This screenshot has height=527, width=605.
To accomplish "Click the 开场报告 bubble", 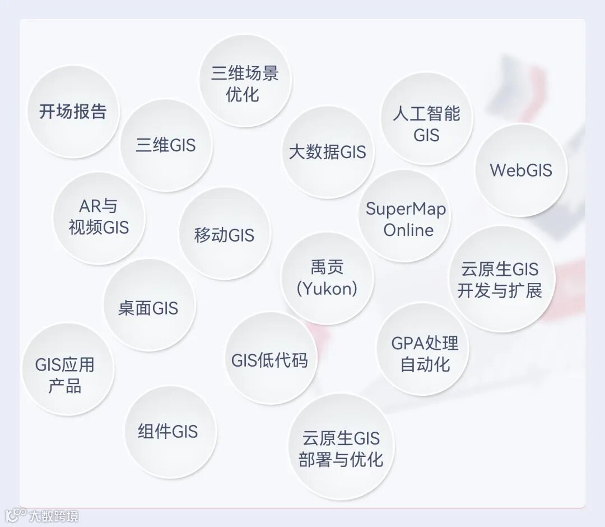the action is point(73,112).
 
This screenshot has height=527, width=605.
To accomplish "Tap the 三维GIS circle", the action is point(166,145).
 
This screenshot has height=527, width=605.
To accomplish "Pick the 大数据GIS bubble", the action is point(328,152).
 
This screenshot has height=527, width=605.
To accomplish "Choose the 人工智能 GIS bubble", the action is point(426,124).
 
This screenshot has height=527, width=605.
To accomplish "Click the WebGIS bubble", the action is point(521,170).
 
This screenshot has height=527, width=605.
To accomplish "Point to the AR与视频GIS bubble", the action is point(99,217).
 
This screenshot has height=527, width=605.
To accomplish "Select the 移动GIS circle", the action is point(225,234).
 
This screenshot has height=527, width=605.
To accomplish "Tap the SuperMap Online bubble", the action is point(406,219).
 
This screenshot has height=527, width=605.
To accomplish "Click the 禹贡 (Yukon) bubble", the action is point(327,278).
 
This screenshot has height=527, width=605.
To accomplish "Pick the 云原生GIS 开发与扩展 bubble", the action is point(500,279).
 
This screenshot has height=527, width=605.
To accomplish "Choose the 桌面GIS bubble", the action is point(148,308).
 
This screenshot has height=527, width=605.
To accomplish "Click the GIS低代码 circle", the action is point(270,359).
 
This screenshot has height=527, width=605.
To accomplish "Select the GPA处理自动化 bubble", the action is point(425,353).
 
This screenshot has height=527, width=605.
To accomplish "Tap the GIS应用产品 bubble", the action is point(66,375).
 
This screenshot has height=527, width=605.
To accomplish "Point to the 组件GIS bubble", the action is point(169,432).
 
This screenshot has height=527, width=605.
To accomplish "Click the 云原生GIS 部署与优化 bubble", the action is point(341,449).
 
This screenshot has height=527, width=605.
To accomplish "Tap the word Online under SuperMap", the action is point(408,230).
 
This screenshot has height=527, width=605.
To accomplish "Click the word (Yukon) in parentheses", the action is point(327,288).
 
